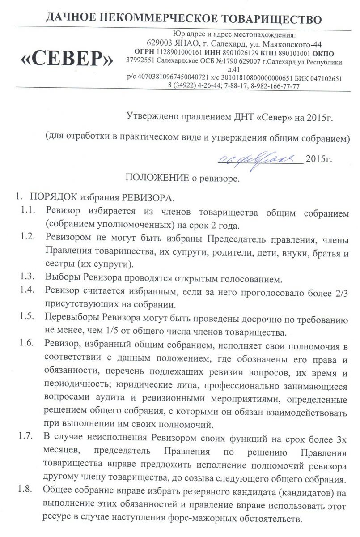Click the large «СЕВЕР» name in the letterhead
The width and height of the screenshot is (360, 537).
point(66,59)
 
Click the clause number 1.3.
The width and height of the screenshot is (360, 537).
point(28,279)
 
